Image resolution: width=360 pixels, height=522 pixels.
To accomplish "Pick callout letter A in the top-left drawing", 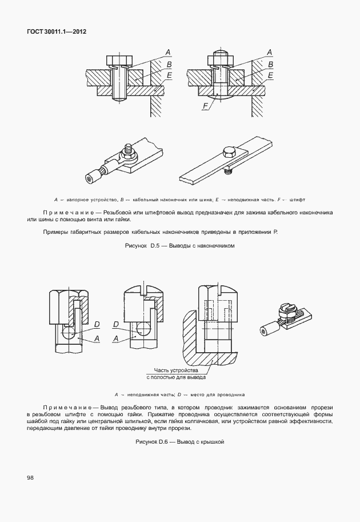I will coord(168,53).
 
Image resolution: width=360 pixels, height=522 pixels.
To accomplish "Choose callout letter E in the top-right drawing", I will coord(270,75).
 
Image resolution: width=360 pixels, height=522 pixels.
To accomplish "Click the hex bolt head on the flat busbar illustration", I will coord(228,152).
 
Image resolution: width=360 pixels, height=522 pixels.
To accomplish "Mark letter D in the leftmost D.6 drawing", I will coord(97,325).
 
